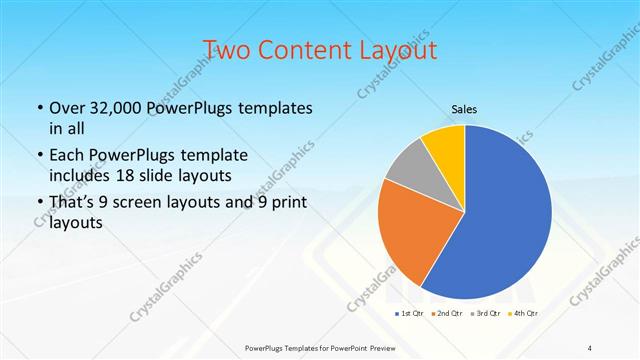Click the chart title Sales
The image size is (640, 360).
coord(465,109)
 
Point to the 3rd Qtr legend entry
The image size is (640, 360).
coord(488,314)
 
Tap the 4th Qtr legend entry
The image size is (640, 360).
coord(525,314)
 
